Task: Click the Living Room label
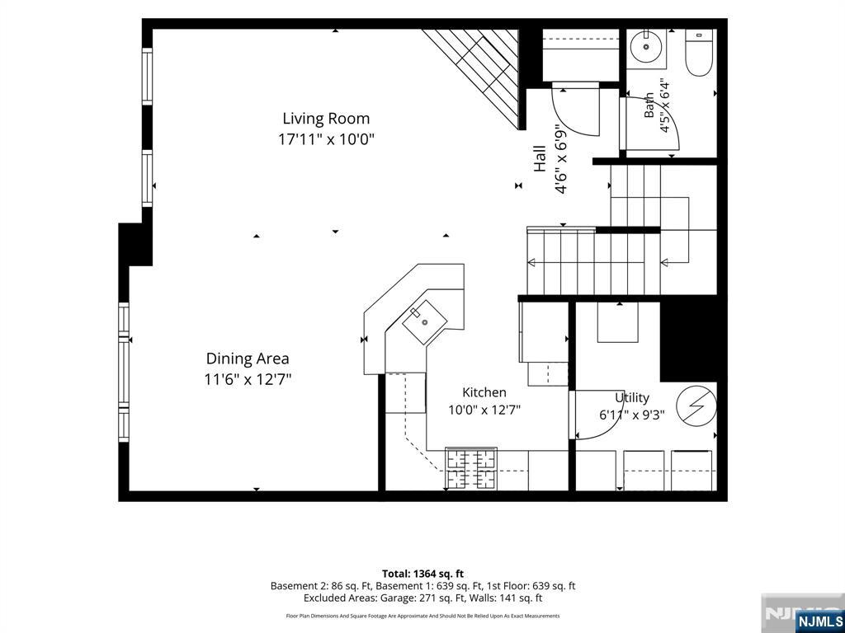[326, 119]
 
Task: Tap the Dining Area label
[248, 359]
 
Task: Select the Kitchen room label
[484, 392]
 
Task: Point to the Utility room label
[632, 398]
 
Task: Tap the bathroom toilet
[699, 54]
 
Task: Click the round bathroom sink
[646, 47]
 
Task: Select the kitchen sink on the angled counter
[425, 322]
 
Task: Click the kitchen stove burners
[470, 469]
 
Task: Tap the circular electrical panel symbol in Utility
[696, 406]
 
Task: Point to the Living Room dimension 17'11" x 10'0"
[326, 139]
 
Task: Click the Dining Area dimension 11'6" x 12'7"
[248, 379]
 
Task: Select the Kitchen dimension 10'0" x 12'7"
[484, 410]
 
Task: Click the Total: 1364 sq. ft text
[422, 574]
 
